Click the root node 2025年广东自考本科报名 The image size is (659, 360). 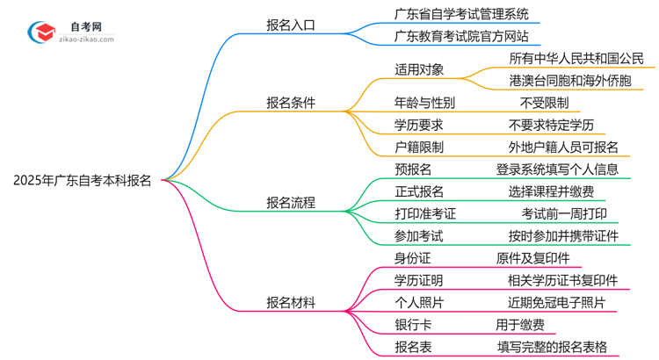tap(82, 181)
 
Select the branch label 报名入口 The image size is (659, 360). tap(291, 25)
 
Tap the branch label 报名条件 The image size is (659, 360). tap(291, 103)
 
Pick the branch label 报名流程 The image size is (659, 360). tap(291, 203)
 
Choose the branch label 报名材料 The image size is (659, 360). tap(291, 303)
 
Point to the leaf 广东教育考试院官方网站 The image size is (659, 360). tap(462, 36)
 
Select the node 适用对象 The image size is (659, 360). tap(420, 68)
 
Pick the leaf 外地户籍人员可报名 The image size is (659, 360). tap(563, 147)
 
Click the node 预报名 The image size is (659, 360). tap(414, 169)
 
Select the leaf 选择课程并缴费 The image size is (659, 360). tap(551, 191)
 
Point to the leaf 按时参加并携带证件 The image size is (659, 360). tap(563, 235)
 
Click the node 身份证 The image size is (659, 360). tap(414, 258)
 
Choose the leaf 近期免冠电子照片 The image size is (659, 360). tap(551, 303)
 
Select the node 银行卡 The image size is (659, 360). tap(414, 325)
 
